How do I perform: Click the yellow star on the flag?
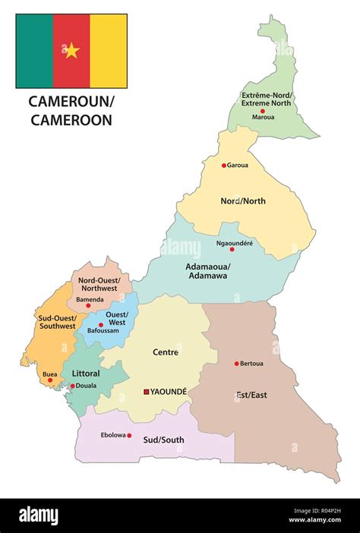(x=71, y=51)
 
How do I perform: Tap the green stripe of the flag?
(x=34, y=51)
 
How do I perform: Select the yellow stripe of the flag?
(x=109, y=51)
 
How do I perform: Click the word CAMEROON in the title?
(x=71, y=119)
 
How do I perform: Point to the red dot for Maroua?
(x=264, y=110)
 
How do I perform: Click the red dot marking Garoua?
(x=224, y=165)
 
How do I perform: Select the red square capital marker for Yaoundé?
(x=146, y=392)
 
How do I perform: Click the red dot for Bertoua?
(x=236, y=364)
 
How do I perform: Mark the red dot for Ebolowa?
(x=129, y=436)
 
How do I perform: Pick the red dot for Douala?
(x=73, y=386)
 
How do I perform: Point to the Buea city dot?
(x=50, y=380)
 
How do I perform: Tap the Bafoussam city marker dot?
(x=100, y=325)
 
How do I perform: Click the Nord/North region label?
(x=242, y=201)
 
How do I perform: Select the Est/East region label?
(x=251, y=395)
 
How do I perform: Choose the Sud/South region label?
(x=163, y=440)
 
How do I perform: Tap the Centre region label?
(x=166, y=352)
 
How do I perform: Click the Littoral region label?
(x=86, y=373)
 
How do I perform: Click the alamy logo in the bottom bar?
(x=38, y=516)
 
